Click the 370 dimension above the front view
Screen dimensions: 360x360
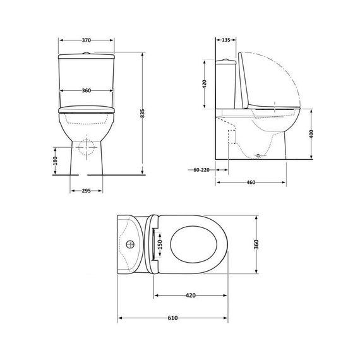point(87,40)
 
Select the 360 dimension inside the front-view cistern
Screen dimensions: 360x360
point(87,90)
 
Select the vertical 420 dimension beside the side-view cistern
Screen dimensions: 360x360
point(205,86)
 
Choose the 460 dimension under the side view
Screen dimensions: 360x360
point(251,183)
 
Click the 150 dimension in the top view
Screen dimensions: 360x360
point(160,243)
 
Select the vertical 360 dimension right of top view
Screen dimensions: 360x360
point(256,244)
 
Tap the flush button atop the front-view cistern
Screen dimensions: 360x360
point(87,51)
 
